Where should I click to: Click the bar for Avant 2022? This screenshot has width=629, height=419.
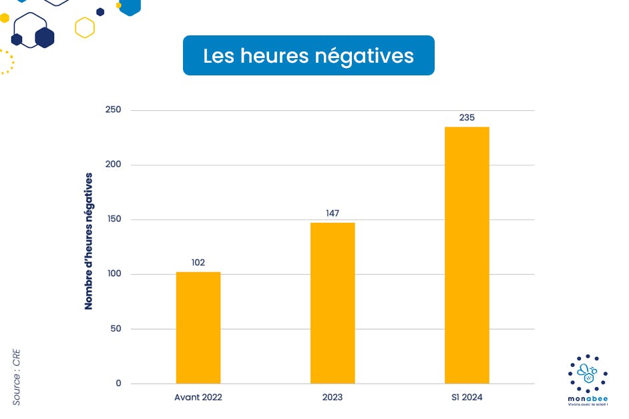click(198, 328)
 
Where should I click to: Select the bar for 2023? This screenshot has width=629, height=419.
click(333, 303)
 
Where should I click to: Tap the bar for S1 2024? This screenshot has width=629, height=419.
click(467, 255)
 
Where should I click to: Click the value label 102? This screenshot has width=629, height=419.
click(198, 263)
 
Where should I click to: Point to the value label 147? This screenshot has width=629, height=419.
click(333, 214)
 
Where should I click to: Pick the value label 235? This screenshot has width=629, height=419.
click(467, 117)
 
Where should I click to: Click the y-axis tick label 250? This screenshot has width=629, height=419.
click(113, 110)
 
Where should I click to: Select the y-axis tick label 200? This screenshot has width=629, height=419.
click(113, 165)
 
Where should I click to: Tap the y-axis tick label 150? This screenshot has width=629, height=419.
click(113, 220)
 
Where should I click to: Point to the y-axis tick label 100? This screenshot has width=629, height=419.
click(113, 274)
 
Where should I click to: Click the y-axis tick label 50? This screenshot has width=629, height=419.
click(115, 329)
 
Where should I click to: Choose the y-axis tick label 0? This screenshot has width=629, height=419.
click(118, 384)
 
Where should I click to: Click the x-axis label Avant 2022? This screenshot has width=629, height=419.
click(198, 398)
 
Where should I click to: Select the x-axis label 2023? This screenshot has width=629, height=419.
click(333, 398)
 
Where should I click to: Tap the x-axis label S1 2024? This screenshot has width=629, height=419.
click(467, 398)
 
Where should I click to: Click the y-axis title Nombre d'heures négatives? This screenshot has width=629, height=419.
click(89, 241)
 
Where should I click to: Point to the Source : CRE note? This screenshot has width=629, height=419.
click(17, 376)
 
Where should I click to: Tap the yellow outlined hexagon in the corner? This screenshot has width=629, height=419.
click(85, 27)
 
